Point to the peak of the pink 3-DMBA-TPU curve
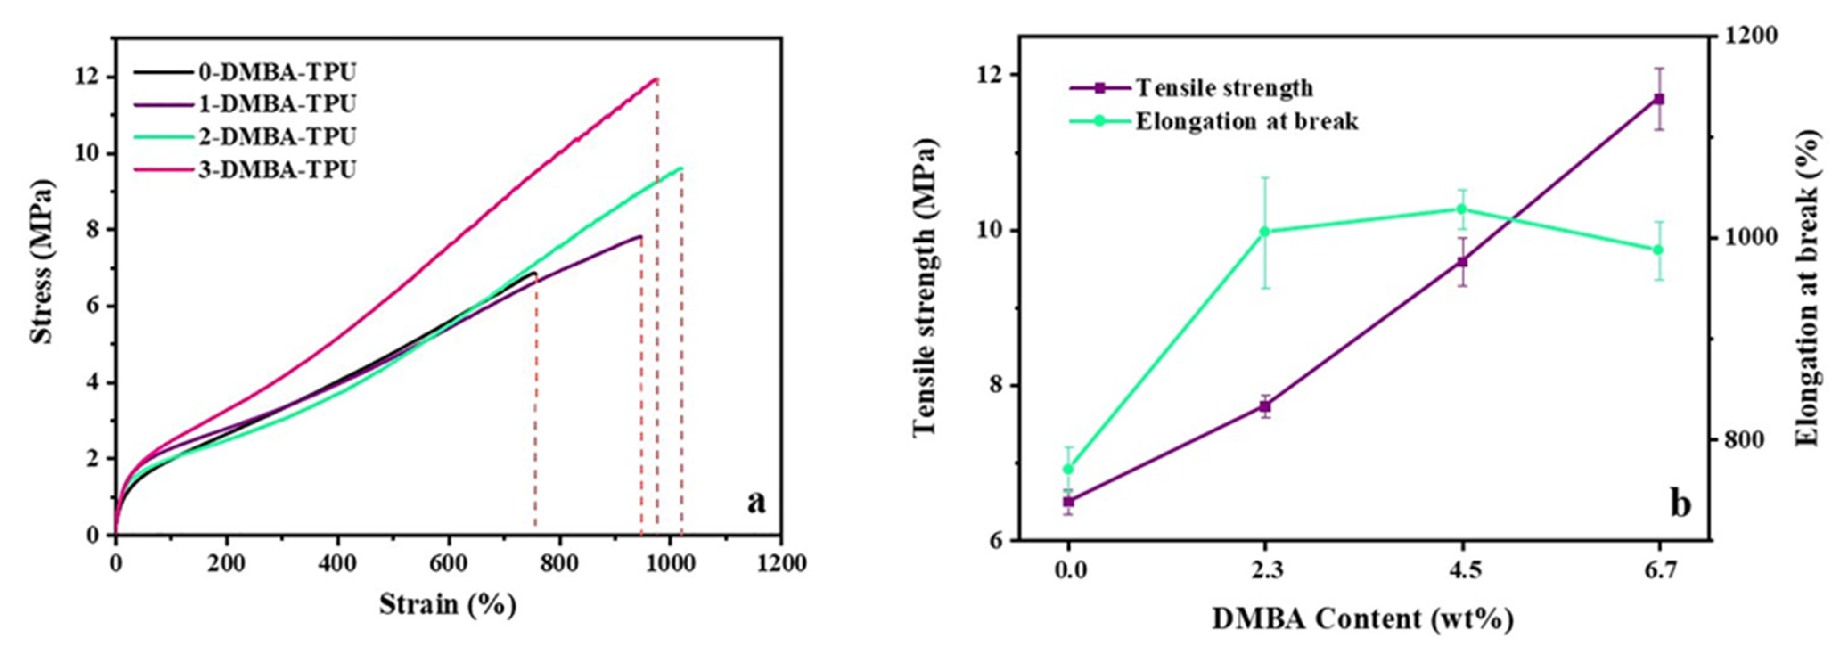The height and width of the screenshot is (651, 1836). (656, 78)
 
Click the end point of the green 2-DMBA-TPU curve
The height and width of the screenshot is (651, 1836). (681, 168)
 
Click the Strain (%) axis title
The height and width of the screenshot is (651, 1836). (447, 605)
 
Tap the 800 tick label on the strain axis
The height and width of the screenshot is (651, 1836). (560, 563)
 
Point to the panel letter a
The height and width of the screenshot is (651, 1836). (756, 502)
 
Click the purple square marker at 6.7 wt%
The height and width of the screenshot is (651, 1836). (1659, 99)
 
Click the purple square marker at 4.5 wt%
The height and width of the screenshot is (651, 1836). (1462, 262)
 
